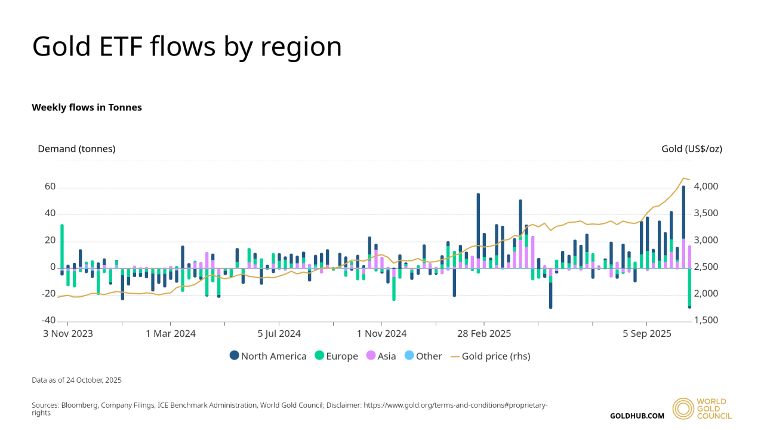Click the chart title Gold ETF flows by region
point(187,47)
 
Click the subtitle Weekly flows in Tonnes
point(87,107)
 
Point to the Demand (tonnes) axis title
point(76,149)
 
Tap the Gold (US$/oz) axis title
point(692,149)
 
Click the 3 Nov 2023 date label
point(68,334)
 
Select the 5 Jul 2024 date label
point(279,334)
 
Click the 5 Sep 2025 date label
point(647,334)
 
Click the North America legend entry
point(268,356)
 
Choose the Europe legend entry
point(336,356)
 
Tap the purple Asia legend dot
point(371,356)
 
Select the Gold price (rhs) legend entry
point(490,356)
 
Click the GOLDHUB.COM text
point(637,416)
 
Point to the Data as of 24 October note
point(76,380)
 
